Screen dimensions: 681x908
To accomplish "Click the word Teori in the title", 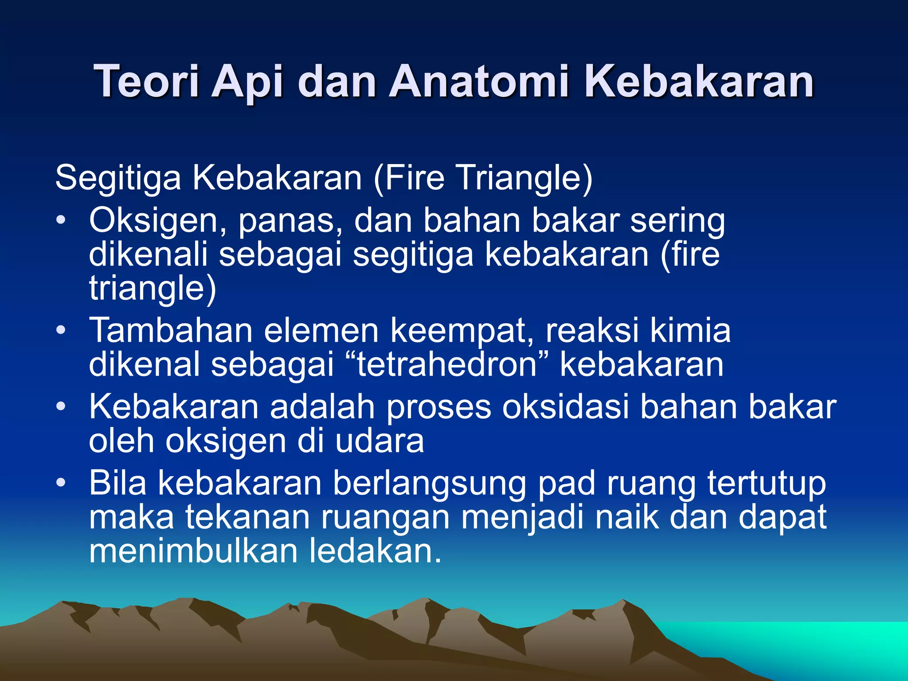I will [146, 81].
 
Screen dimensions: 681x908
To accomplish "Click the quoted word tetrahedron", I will [447, 364].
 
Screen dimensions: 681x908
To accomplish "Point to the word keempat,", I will [462, 331].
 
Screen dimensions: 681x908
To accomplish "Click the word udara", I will [379, 441].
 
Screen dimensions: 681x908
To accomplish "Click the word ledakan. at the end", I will [375, 551].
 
